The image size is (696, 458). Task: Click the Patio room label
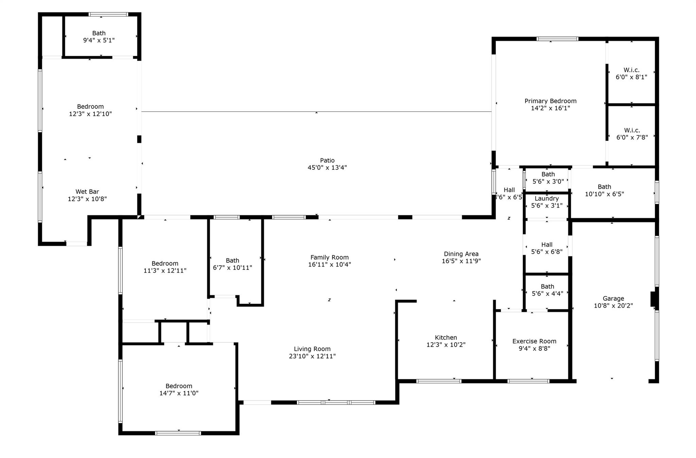coord(327,160)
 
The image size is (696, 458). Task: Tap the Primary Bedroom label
coord(551,101)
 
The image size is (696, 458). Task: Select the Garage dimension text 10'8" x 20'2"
coord(613,306)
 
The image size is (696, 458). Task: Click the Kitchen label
coord(446,338)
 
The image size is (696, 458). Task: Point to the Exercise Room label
coord(534,341)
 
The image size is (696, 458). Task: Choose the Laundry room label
coord(547,199)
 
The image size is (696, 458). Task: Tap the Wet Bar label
coord(87,192)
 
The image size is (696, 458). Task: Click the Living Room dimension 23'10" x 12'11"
coord(312,356)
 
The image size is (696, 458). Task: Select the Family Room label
coord(330,258)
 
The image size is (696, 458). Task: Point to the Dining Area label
coord(461,254)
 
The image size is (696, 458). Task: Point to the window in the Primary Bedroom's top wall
coord(557,39)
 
